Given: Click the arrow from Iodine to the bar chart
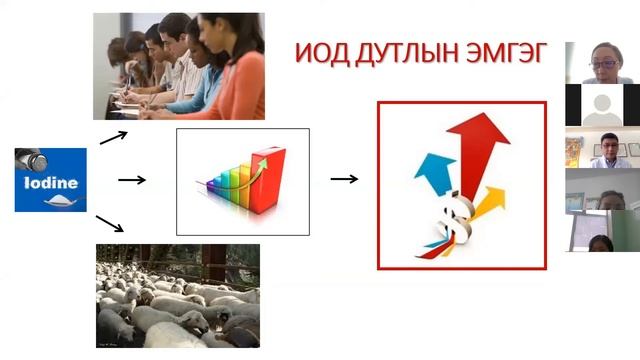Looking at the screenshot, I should (132, 180).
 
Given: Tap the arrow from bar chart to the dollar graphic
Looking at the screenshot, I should (344, 179).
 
